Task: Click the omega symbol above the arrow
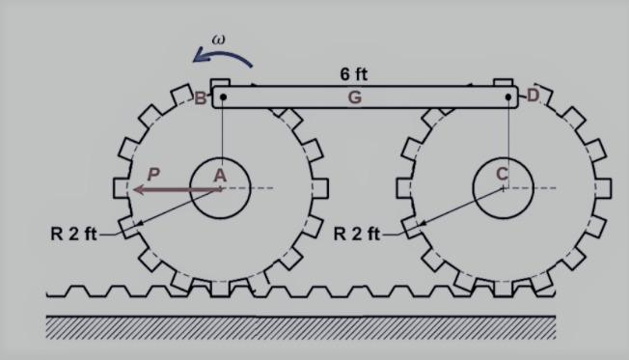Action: pos(219,40)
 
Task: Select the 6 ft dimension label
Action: pos(353,74)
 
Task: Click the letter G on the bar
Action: pos(355,97)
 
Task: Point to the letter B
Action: pos(200,98)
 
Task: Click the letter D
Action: pos(533,96)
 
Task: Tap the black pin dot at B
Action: pos(223,97)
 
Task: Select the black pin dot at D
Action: pos(508,97)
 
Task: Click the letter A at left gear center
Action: pos(220,176)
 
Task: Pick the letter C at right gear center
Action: pos(503,174)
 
